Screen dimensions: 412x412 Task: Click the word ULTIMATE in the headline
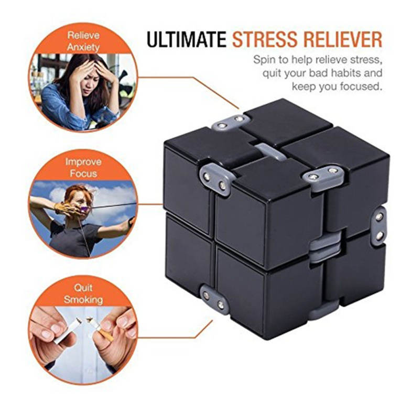tap(186, 39)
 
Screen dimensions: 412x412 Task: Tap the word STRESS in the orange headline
tap(265, 39)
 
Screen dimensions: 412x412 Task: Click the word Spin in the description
tap(264, 60)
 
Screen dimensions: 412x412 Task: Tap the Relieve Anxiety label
tap(83, 41)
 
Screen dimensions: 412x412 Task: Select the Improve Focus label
tap(83, 168)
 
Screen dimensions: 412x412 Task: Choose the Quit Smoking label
tap(83, 294)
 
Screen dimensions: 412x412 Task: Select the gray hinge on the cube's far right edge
tap(378, 226)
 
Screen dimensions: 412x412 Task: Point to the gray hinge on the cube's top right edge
tap(323, 176)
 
